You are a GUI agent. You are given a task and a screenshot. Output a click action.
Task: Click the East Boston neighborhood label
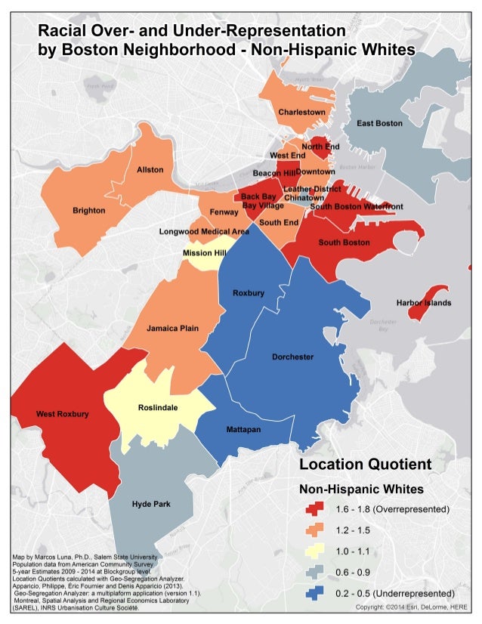(379, 122)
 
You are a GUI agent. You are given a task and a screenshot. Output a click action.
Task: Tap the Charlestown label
(301, 112)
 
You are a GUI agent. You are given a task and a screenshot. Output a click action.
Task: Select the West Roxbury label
(62, 414)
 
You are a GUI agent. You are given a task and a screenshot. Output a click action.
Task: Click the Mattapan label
(243, 429)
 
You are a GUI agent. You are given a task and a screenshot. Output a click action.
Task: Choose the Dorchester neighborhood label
(292, 357)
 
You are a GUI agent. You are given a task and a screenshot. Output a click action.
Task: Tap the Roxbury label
(248, 292)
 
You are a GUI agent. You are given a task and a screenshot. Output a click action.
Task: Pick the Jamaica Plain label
(172, 329)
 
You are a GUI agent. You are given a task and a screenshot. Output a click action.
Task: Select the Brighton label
(88, 210)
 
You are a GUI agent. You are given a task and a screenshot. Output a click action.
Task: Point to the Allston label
(150, 170)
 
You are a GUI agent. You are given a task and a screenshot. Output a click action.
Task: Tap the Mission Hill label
(204, 253)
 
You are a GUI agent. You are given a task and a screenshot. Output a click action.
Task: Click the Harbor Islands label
(424, 303)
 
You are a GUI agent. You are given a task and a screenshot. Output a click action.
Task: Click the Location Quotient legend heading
(366, 464)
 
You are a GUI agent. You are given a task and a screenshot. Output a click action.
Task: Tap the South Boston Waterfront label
(356, 206)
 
